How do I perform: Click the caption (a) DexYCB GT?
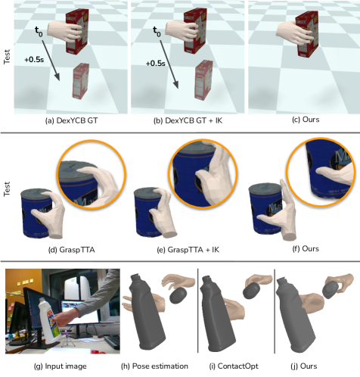(x=71, y=120)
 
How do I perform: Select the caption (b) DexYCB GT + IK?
(x=188, y=120)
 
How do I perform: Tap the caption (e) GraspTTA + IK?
(x=188, y=250)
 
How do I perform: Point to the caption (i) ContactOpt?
(x=234, y=366)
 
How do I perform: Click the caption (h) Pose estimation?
(x=154, y=366)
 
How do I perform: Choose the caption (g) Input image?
(x=61, y=366)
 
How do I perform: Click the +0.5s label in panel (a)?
(x=34, y=60)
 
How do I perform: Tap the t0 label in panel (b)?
(x=157, y=32)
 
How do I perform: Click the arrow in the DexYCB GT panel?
(x=51, y=60)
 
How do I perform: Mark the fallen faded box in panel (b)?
(x=203, y=79)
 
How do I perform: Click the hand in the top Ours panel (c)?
(x=295, y=33)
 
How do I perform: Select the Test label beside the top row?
(x=7, y=57)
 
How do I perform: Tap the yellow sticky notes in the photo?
(x=25, y=282)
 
